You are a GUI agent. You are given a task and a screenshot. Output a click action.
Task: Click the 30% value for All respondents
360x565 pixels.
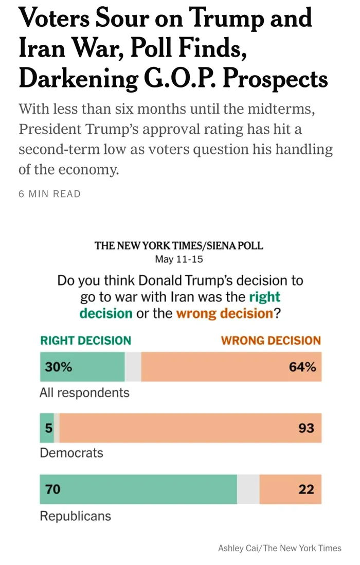pyautogui.click(x=58, y=367)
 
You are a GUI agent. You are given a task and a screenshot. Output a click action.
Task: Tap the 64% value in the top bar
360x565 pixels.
pyautogui.click(x=302, y=367)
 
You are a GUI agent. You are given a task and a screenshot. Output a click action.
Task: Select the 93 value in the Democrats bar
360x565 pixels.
pyautogui.click(x=307, y=428)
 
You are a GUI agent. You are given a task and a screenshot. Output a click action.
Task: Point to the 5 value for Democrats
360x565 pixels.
pyautogui.click(x=48, y=428)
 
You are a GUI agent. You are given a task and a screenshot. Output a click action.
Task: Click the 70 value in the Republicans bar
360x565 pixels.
pyautogui.click(x=53, y=489)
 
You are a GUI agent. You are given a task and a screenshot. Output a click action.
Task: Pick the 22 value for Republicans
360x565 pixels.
pyautogui.click(x=307, y=489)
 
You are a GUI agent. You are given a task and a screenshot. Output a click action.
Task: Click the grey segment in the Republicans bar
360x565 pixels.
pyautogui.click(x=248, y=489)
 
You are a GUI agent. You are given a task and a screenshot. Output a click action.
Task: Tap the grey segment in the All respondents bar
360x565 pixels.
pyautogui.click(x=133, y=367)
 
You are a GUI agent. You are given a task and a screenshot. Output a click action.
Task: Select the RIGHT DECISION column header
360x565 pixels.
pyautogui.click(x=86, y=341)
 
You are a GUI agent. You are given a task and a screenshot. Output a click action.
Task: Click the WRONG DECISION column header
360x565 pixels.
pyautogui.click(x=271, y=341)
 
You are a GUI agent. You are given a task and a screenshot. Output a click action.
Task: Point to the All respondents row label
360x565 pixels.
pyautogui.click(x=84, y=393)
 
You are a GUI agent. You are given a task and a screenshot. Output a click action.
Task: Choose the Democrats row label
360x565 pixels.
pyautogui.click(x=71, y=453)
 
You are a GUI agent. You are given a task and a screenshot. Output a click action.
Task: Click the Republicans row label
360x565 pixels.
pyautogui.click(x=76, y=516)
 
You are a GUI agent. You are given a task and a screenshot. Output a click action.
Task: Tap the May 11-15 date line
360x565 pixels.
pyautogui.click(x=179, y=259)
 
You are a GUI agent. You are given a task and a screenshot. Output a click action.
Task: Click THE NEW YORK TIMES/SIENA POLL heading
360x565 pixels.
pyautogui.click(x=179, y=246)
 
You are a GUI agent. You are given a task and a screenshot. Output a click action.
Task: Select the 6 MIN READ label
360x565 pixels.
pyautogui.click(x=50, y=194)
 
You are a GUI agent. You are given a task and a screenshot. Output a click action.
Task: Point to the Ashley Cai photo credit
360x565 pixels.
pyautogui.click(x=280, y=548)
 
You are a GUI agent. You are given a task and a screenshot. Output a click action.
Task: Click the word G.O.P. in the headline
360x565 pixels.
pyautogui.click(x=181, y=78)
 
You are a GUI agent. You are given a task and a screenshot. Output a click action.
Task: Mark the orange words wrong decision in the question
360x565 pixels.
pyautogui.click(x=225, y=313)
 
